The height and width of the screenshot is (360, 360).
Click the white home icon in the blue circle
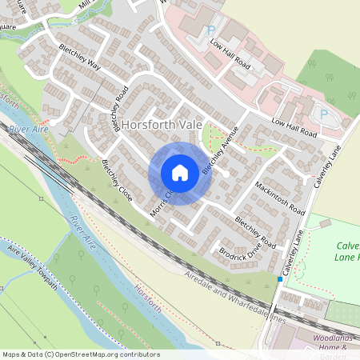coord(180,173)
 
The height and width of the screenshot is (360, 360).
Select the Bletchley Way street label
coord(80,56)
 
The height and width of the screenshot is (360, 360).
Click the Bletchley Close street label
coord(117,181)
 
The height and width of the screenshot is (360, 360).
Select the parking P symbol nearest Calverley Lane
coord(323,114)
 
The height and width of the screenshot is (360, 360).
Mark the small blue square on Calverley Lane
coord(279,278)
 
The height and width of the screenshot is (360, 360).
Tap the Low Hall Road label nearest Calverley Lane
coord(294,128)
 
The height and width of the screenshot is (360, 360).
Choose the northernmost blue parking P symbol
coord(211,30)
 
